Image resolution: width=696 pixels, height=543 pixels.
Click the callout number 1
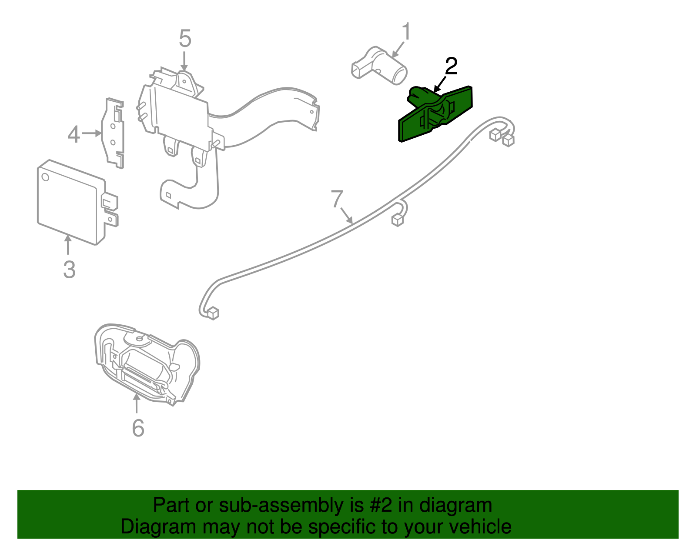(406, 32)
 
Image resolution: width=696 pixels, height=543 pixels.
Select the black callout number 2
(451, 67)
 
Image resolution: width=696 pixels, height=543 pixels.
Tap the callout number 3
(69, 270)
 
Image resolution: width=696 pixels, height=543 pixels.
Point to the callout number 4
(74, 134)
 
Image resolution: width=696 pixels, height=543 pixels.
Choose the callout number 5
(185, 39)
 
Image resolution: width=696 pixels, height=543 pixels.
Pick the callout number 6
(138, 428)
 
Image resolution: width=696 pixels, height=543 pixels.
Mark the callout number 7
(337, 199)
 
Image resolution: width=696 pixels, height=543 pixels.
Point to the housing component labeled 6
(148, 365)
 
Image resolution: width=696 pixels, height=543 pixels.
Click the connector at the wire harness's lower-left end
(213, 313)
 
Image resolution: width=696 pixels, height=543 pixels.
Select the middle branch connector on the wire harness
(398, 220)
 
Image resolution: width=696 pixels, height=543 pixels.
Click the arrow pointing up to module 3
(68, 244)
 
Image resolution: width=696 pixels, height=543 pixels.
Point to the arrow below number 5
(184, 61)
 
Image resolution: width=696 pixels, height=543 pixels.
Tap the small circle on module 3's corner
(45, 177)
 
